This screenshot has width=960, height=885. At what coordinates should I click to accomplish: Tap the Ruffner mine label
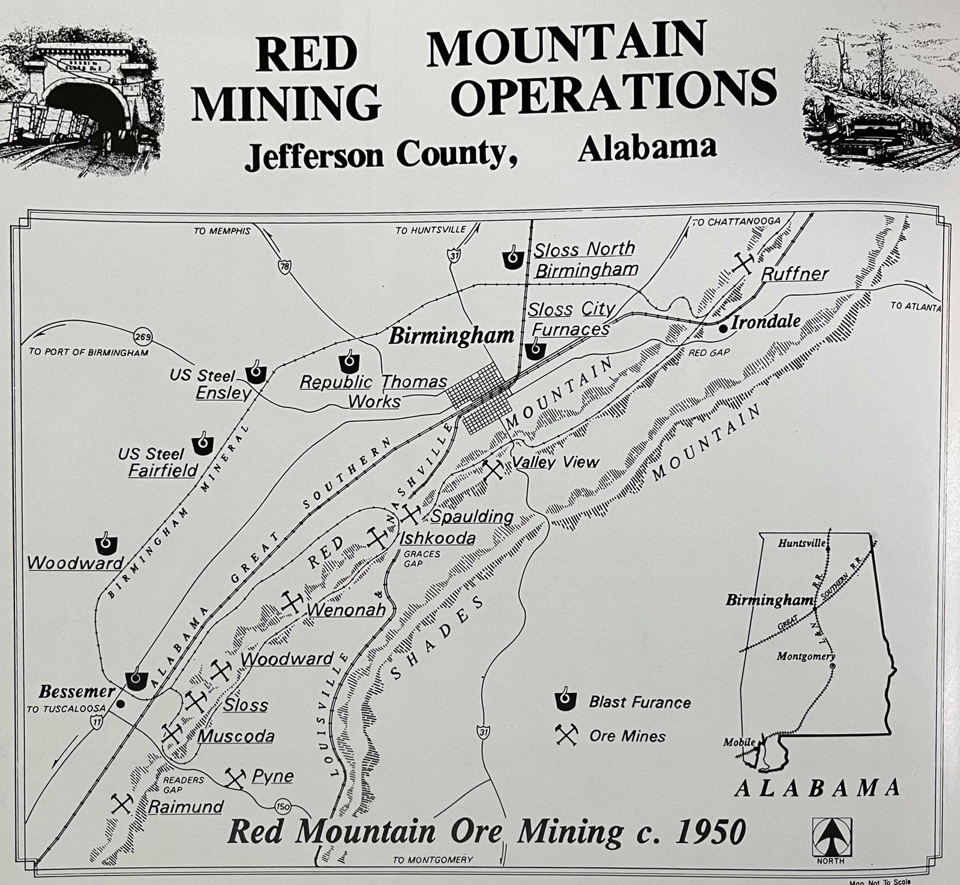click(x=795, y=274)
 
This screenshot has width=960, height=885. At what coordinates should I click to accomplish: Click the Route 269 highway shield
click(x=142, y=335)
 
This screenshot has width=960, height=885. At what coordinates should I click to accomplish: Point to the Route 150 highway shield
click(x=282, y=806)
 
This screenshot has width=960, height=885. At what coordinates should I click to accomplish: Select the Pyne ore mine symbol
click(x=235, y=778)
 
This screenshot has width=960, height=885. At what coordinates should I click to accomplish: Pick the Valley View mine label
click(x=555, y=462)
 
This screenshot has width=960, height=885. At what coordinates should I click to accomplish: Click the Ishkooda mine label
click(x=437, y=538)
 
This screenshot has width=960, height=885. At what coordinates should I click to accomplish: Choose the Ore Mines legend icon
click(x=566, y=735)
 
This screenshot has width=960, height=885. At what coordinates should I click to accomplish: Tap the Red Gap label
click(x=709, y=352)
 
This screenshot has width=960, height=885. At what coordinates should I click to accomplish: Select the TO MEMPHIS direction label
click(x=221, y=231)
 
